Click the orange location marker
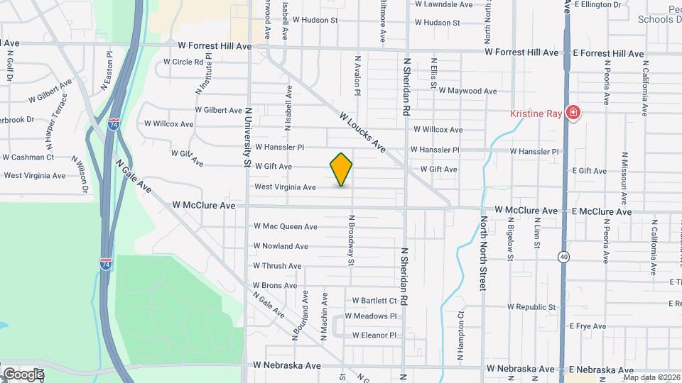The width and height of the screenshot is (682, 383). click(341, 170)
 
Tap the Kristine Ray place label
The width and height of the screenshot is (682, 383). click(536, 113)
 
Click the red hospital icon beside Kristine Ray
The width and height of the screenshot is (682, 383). click(573, 113)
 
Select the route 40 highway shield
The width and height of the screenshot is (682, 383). click(564, 257)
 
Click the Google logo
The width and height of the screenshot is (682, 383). click(23, 374)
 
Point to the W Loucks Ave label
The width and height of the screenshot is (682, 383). click(362, 132)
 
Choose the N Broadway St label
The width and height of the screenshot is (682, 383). click(351, 240)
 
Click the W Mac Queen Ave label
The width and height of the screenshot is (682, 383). click(286, 227)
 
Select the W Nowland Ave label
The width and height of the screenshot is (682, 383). click(281, 246)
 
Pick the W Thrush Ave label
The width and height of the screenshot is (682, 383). click(277, 266)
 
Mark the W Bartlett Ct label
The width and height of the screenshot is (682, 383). click(369, 301)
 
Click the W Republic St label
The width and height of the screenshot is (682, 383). click(532, 307)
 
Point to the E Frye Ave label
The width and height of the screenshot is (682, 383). click(588, 326)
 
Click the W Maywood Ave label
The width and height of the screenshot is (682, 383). click(467, 91)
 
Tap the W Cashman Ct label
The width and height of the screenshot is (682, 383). click(28, 157)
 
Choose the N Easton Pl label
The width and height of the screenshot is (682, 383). click(106, 70)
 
